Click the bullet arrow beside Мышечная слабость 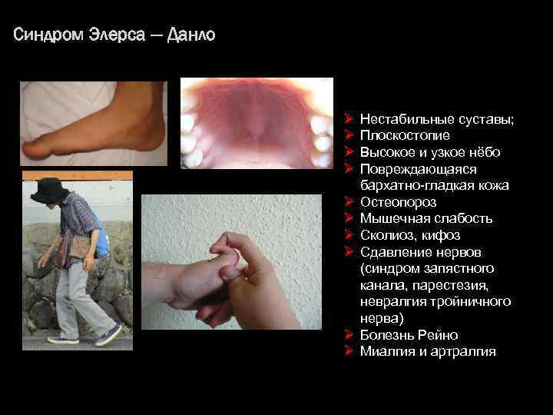348,219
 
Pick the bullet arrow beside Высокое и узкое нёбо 348,152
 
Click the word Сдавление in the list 392,252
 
